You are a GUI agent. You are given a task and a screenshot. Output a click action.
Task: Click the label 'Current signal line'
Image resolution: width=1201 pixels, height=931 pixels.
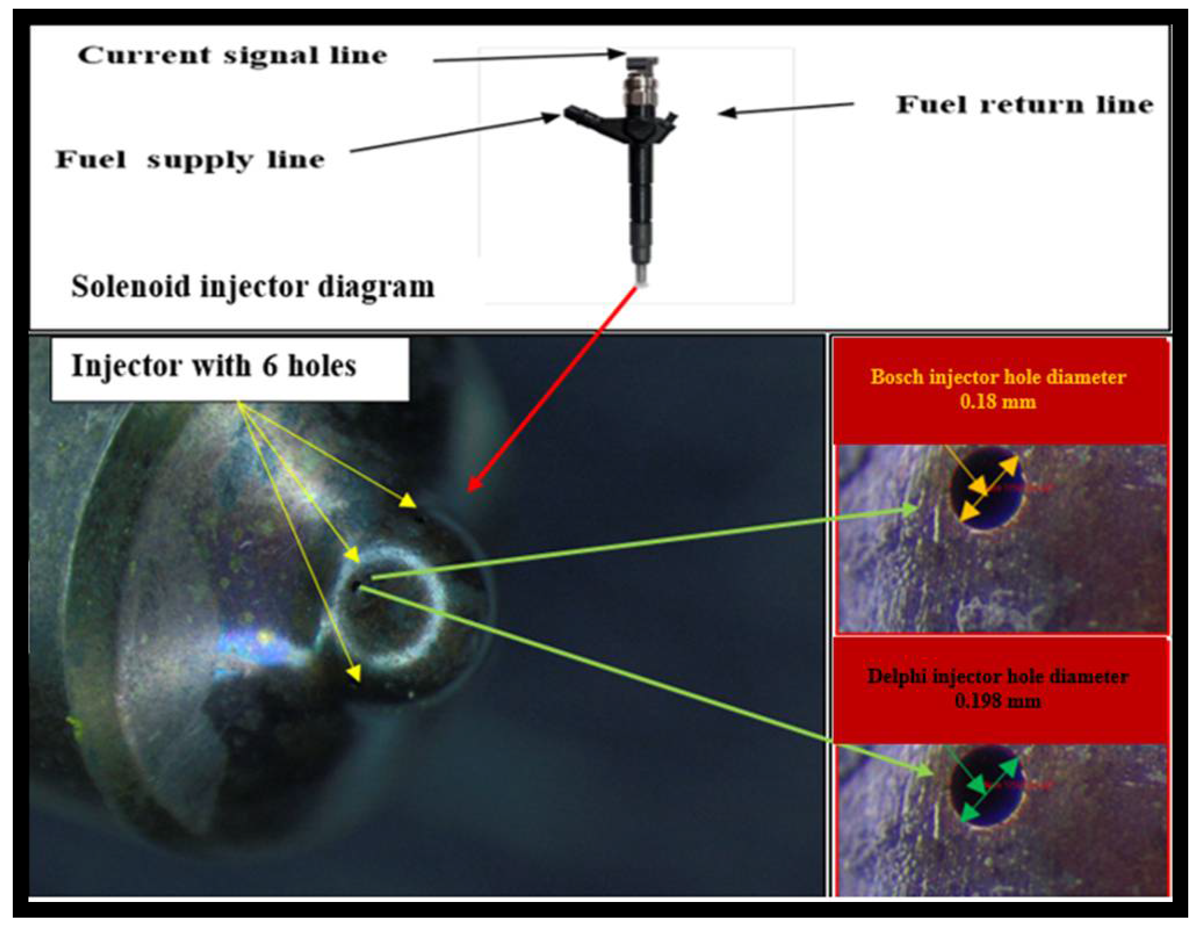[232, 56]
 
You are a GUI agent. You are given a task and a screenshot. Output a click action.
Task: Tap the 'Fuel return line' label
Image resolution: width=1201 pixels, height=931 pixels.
[1025, 105]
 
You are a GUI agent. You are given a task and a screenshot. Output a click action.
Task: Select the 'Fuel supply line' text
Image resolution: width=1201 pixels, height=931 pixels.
[190, 160]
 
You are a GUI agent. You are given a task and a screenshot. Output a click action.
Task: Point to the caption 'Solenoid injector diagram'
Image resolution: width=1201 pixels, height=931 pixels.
[252, 287]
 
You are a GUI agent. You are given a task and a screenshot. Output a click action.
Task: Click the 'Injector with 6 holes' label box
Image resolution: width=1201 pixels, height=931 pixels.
[230, 369]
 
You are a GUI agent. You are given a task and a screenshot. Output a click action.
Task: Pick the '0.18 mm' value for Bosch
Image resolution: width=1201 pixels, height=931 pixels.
[997, 402]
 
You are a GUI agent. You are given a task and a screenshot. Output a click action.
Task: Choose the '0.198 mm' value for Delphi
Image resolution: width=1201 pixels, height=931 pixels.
[997, 701]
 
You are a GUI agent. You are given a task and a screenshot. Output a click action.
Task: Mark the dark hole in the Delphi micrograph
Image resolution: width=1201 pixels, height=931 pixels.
[986, 786]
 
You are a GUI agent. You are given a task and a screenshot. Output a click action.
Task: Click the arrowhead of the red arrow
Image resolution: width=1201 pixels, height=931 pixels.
[472, 486]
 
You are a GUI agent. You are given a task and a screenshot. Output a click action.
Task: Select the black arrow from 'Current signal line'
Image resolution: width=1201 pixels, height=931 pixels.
[528, 57]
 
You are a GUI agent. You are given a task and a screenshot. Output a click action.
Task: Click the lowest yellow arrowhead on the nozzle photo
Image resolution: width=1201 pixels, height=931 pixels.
[353, 674]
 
